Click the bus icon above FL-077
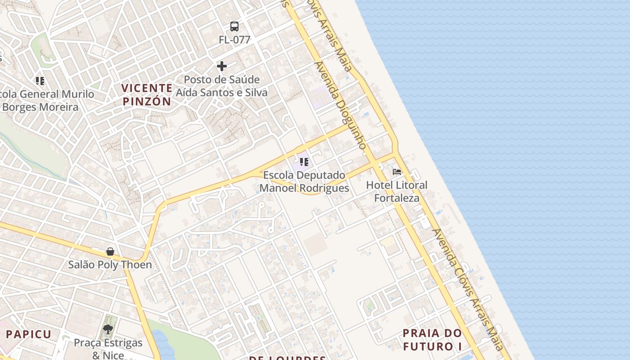[234, 27]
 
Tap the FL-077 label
[234, 40]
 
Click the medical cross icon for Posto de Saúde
[222, 67]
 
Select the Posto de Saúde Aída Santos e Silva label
[222, 86]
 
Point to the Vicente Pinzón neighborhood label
[147, 94]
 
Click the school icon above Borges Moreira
[40, 81]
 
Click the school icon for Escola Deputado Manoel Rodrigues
[304, 162]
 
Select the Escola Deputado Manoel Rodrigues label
[304, 181]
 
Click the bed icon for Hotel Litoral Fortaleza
[397, 172]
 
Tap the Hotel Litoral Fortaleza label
[397, 191]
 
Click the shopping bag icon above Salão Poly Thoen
[110, 251]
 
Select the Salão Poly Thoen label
[110, 265]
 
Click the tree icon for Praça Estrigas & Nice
[108, 330]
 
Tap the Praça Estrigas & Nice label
[108, 349]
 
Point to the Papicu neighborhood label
[29, 334]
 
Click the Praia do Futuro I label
[432, 340]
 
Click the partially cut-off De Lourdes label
[288, 357]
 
